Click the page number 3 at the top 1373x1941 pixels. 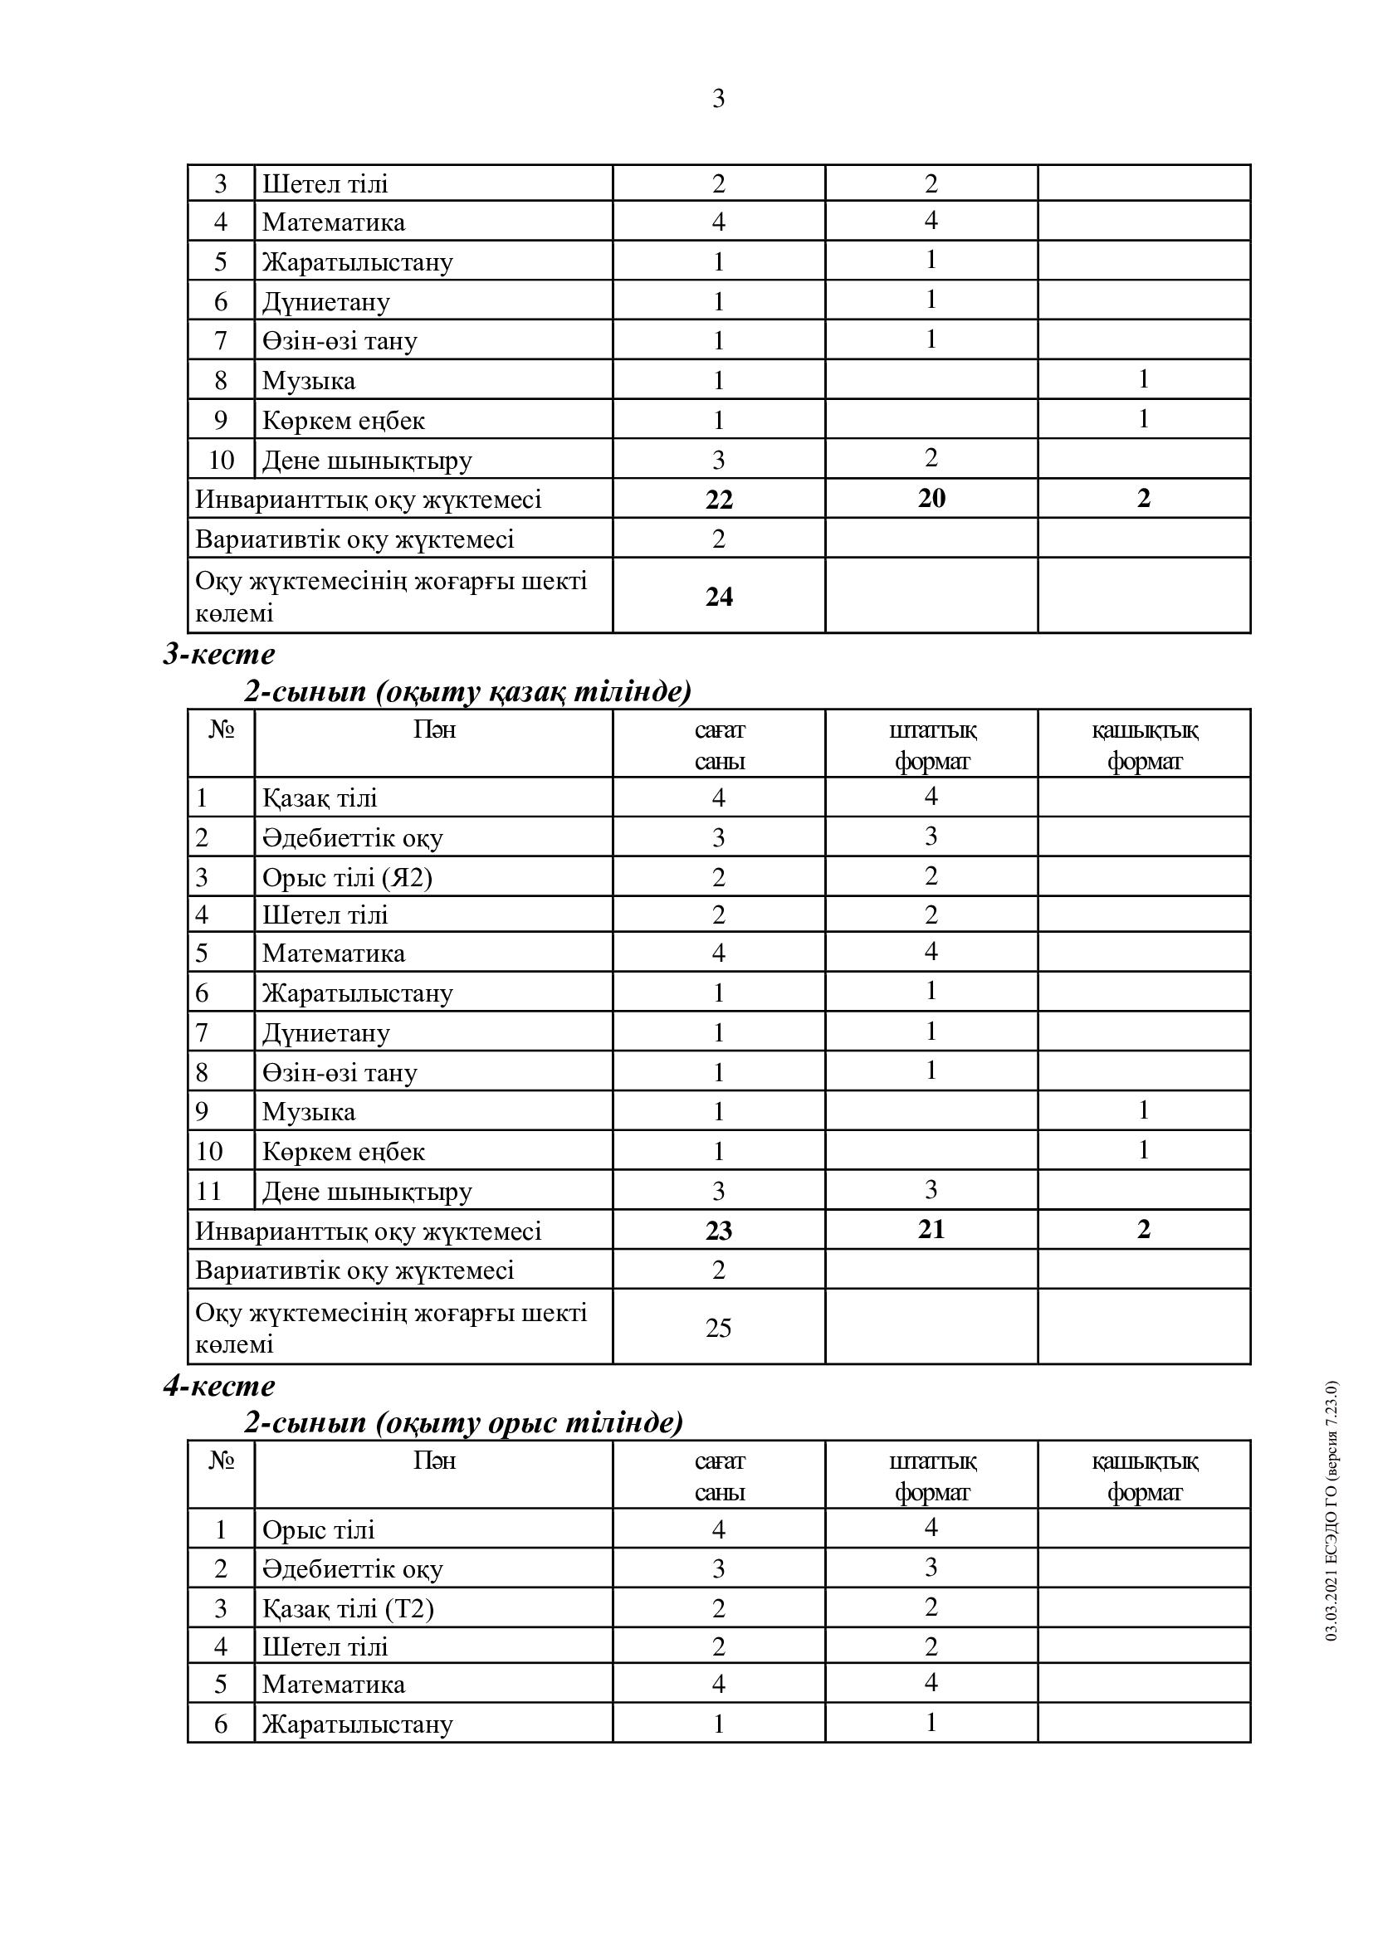coord(718,99)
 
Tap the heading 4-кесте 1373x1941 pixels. coord(219,1386)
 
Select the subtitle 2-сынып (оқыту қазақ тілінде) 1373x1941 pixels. coord(467,691)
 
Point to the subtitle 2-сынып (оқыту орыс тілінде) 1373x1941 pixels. coord(463,1423)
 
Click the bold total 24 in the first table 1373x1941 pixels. coord(719,597)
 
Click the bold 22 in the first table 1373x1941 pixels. coord(719,500)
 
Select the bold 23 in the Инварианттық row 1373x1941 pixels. coord(719,1230)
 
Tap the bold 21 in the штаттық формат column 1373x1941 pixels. coord(931,1229)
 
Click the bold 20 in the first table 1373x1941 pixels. coord(931,498)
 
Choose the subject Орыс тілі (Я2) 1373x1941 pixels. coord(347,877)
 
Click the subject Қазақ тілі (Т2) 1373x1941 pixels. coord(348,1608)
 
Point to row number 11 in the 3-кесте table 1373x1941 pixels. coord(209,1191)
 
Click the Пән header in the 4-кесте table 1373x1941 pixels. coord(433,1461)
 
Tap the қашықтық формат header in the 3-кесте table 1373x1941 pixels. coord(1144,744)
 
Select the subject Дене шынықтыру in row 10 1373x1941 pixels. coord(367,460)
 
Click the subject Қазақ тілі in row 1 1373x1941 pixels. coord(320,798)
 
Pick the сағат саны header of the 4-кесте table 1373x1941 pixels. coord(719,1476)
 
